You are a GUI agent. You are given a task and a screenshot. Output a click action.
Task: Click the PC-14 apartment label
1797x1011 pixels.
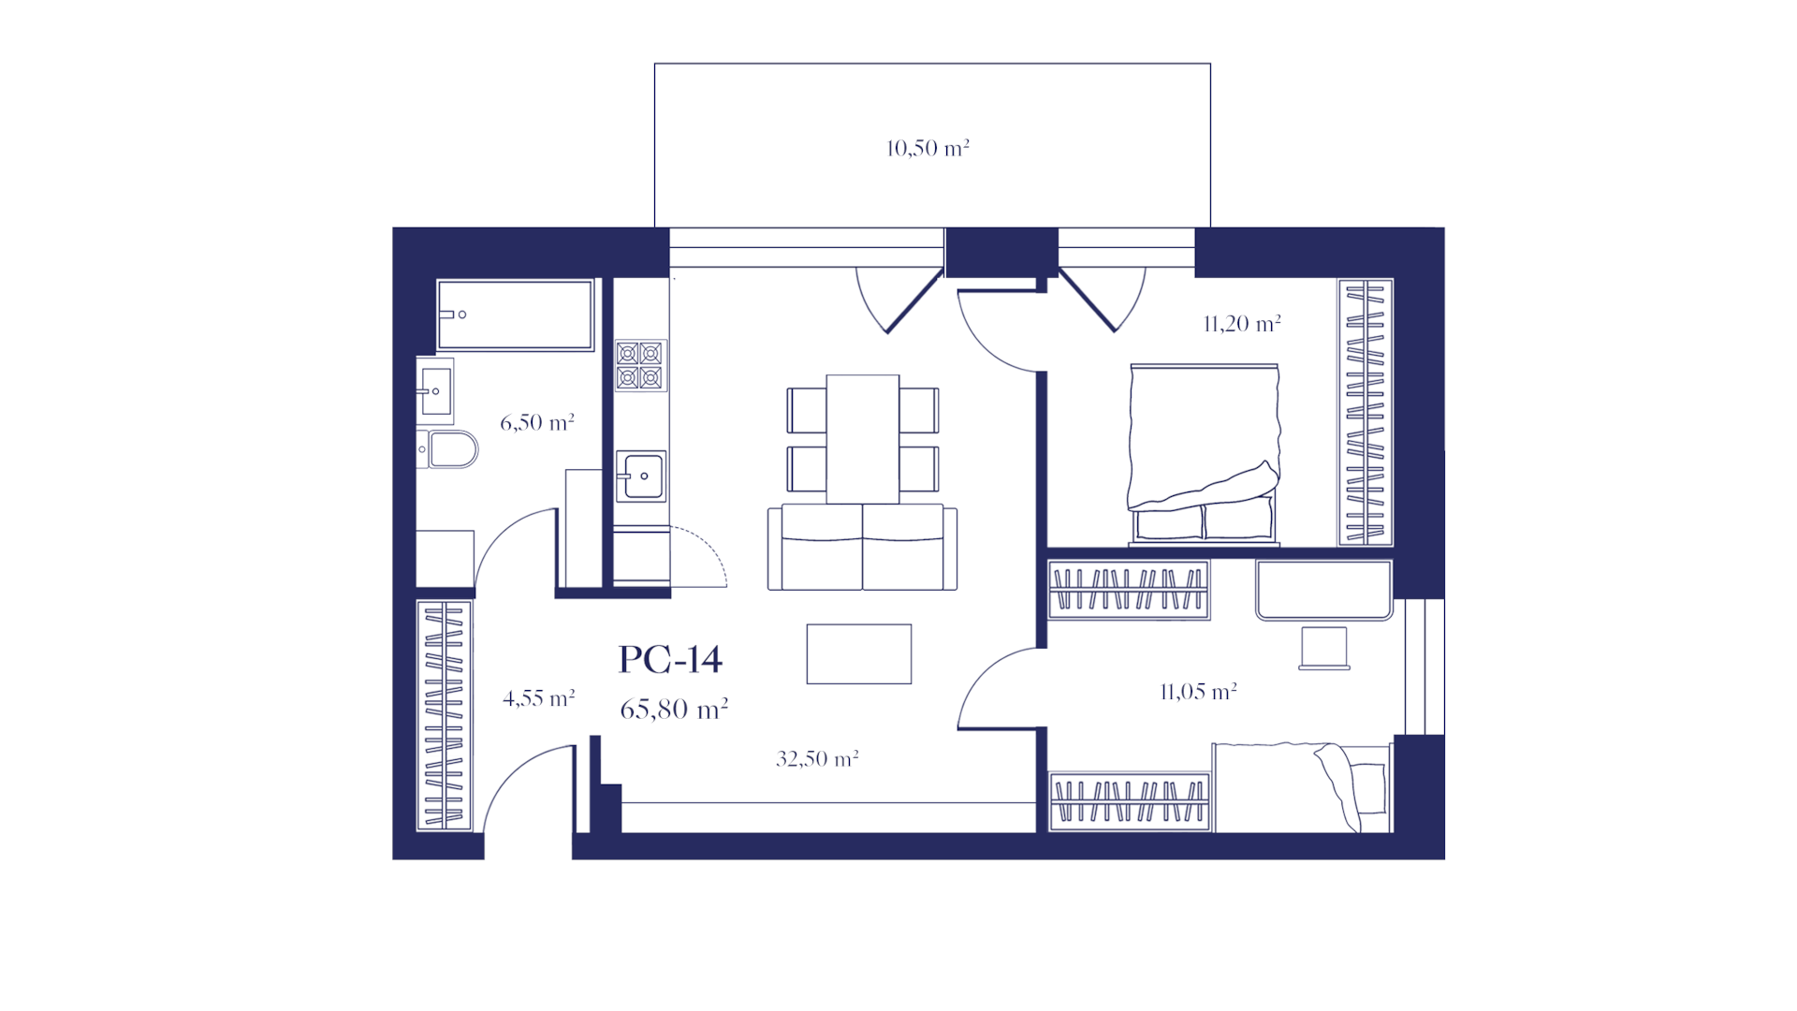[x=670, y=660]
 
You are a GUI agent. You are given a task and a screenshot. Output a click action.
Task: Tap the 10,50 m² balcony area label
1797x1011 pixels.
[x=928, y=148]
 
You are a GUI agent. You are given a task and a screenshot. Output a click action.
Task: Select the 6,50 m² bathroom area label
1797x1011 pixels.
[x=537, y=422]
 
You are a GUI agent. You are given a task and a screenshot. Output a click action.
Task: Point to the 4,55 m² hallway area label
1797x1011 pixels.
[x=539, y=698]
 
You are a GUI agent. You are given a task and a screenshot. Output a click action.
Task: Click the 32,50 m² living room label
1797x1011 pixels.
[x=817, y=758]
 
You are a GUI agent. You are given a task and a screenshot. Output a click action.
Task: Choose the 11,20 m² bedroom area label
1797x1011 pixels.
[x=1242, y=324]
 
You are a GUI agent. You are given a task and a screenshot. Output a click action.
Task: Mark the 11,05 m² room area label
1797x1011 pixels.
[x=1198, y=692]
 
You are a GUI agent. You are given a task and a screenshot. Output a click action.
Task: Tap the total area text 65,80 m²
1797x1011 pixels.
[x=674, y=710]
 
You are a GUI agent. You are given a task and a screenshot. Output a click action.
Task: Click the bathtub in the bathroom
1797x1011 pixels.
[x=516, y=315]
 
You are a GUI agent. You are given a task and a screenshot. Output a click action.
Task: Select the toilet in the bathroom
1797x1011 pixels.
[x=448, y=449]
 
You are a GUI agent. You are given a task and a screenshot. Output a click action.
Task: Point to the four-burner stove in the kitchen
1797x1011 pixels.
[x=640, y=365]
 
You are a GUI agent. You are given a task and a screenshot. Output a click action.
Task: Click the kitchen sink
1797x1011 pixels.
[x=641, y=476]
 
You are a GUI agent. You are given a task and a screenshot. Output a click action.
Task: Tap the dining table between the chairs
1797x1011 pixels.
[x=863, y=439]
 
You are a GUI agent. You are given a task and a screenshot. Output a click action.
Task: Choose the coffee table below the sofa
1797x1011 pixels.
[x=859, y=654]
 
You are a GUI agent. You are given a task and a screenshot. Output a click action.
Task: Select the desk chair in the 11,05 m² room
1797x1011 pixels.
[x=1324, y=649]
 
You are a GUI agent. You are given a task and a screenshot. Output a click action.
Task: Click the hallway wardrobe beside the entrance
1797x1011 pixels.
[x=444, y=715]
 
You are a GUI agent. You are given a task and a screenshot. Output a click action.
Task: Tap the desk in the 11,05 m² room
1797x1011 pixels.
[x=1324, y=591]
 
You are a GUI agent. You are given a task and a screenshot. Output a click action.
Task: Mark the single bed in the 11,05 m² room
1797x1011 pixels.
[x=1302, y=787]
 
